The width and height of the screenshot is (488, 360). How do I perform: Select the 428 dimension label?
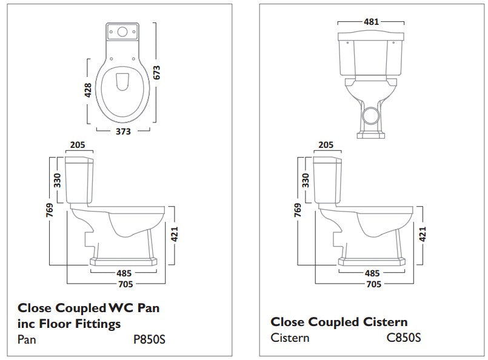[x=88, y=90]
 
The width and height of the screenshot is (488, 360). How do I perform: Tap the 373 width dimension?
[x=124, y=133]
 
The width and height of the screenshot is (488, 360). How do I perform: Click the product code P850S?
[x=149, y=339]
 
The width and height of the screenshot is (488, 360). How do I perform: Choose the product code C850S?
[x=404, y=337]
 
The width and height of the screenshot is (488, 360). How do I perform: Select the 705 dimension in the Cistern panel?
[x=373, y=282]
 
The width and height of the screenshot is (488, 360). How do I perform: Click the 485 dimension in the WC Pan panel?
[x=125, y=273]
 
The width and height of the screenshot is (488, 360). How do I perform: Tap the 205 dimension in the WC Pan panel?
[x=78, y=145]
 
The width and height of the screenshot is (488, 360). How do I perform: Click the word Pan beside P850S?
[x=27, y=339]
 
